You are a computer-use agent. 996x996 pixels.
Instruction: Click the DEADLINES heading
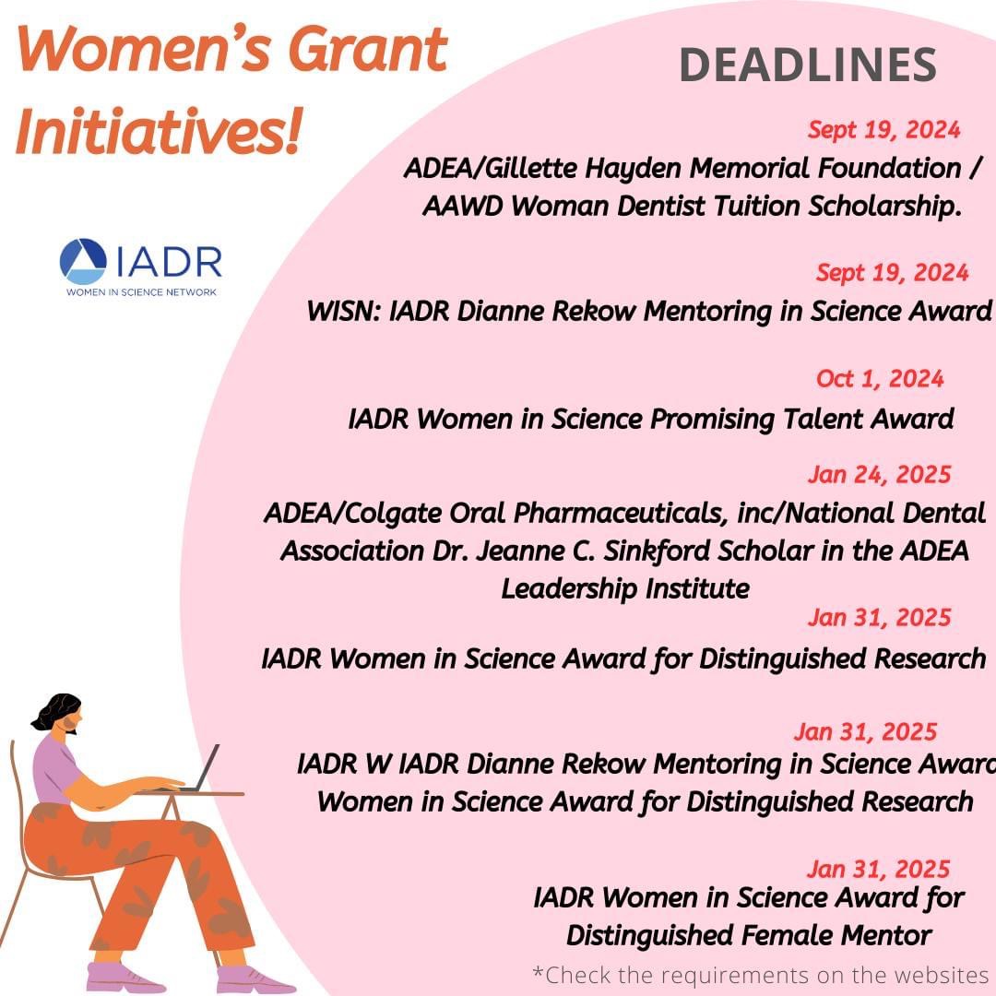[807, 65]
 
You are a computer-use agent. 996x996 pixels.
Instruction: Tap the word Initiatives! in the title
[159, 131]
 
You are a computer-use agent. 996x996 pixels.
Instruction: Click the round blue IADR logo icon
[83, 261]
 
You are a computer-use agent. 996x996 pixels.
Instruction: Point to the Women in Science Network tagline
[140, 291]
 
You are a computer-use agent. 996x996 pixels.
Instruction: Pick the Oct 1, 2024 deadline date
[880, 379]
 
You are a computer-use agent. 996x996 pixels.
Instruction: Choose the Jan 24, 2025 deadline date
[878, 475]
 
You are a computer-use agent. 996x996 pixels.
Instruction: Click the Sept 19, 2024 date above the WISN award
[892, 273]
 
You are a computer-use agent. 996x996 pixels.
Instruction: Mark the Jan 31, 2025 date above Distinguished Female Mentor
[878, 869]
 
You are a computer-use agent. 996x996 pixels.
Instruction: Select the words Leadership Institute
[624, 588]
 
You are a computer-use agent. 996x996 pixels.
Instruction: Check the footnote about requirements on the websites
[761, 975]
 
